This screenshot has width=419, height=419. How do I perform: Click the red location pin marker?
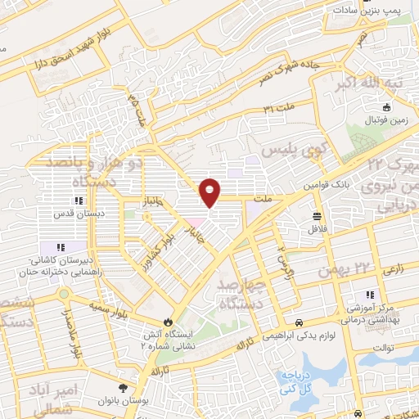210,191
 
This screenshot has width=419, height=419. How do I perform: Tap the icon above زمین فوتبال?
387,106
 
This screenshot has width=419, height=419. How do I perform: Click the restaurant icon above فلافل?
316,216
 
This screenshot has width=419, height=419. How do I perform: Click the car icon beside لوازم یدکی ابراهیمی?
300,322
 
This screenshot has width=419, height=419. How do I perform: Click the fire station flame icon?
169,322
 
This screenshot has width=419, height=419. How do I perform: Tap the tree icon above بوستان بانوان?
123,388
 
